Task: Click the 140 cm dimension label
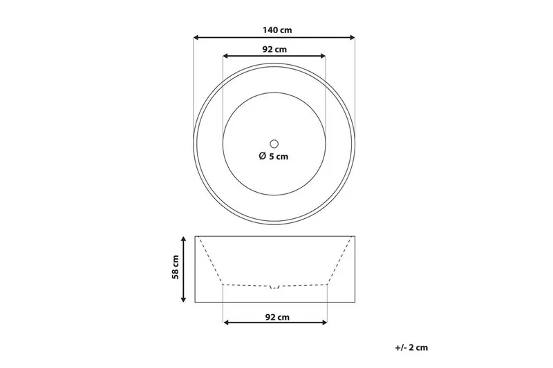click(x=277, y=30)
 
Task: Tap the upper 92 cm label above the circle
click(x=274, y=49)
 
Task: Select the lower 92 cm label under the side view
click(x=277, y=317)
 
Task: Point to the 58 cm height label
click(x=176, y=267)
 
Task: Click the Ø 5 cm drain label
click(x=273, y=156)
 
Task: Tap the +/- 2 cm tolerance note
click(x=411, y=347)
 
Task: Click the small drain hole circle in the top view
click(x=274, y=144)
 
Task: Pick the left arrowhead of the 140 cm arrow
click(x=196, y=37)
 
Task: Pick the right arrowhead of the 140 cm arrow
click(x=352, y=37)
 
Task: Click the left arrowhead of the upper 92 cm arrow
click(x=226, y=56)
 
